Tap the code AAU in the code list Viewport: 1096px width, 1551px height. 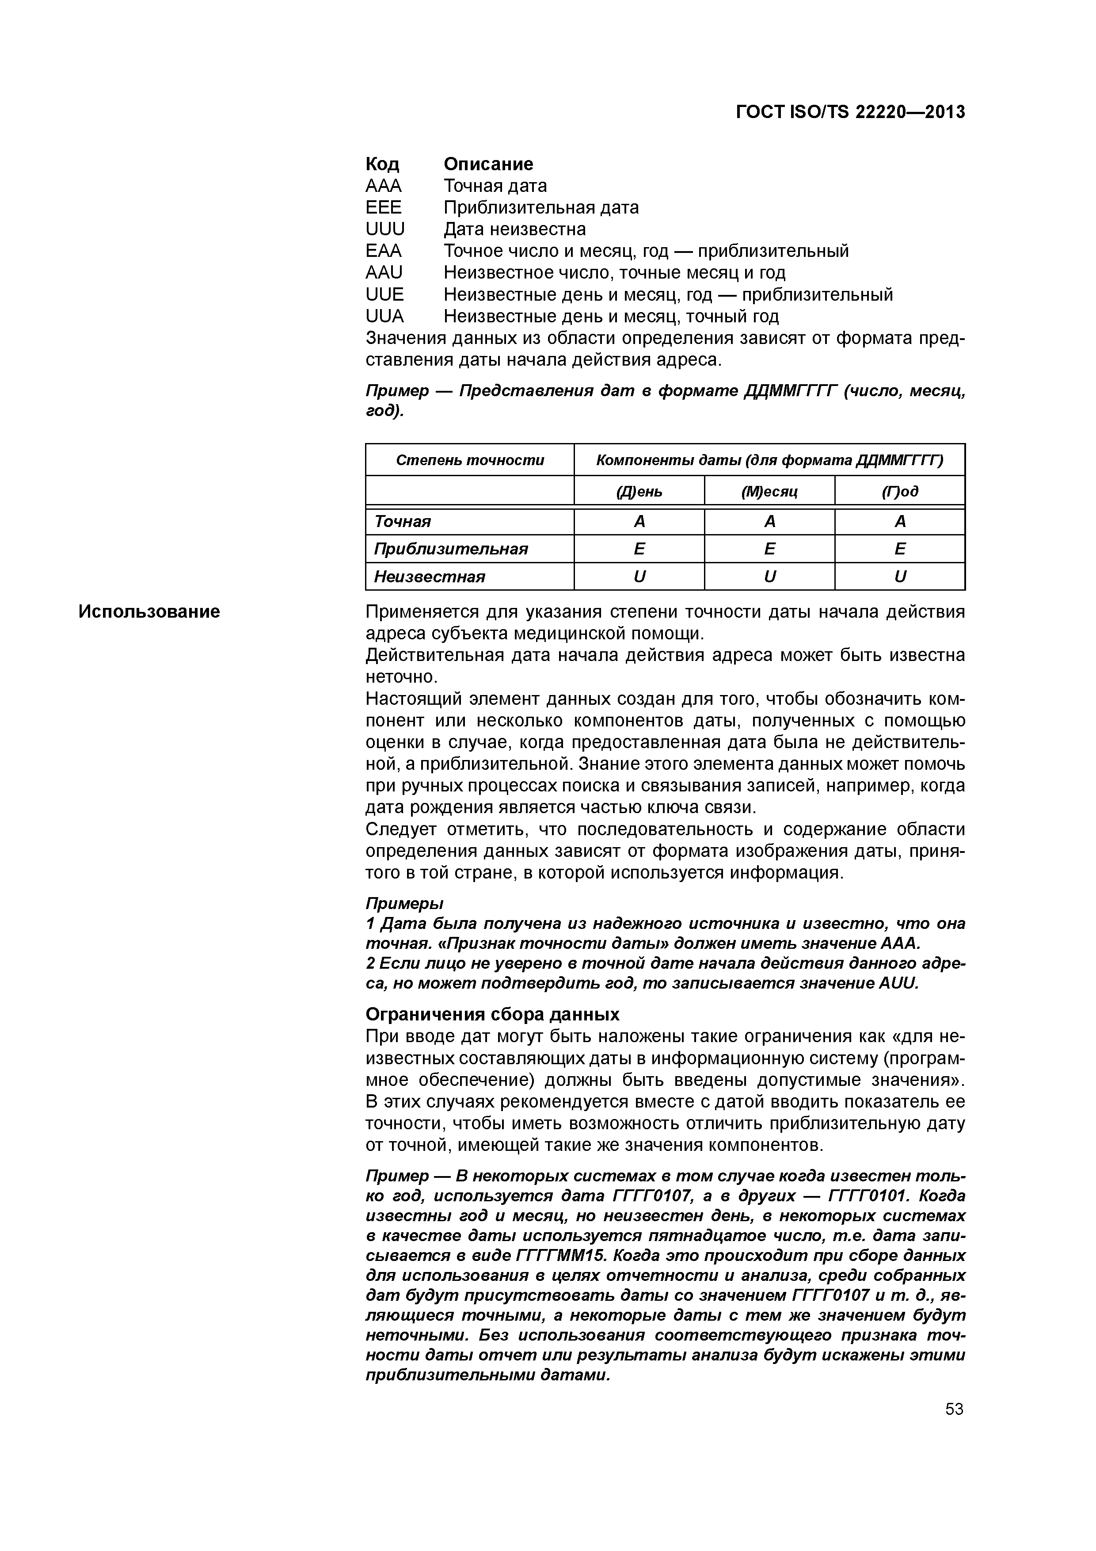click(x=384, y=272)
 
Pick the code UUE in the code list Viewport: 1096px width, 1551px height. click(x=384, y=294)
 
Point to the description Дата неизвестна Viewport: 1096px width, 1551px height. click(x=514, y=229)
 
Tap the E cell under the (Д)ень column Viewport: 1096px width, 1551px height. click(x=639, y=549)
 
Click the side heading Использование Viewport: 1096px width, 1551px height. click(x=149, y=611)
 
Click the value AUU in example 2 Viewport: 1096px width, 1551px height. click(x=898, y=983)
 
